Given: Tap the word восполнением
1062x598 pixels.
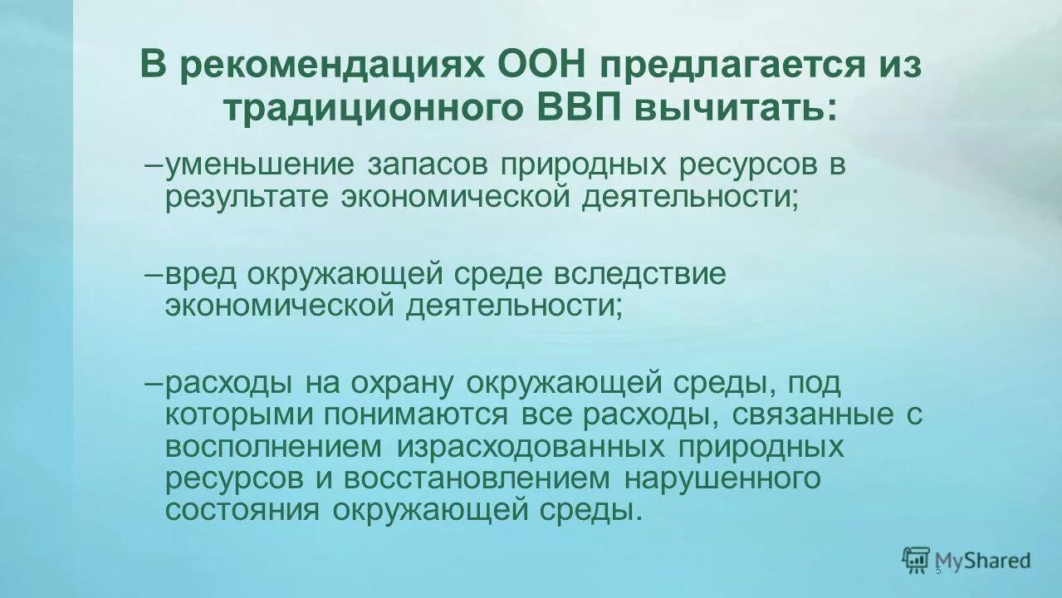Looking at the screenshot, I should [x=273, y=446].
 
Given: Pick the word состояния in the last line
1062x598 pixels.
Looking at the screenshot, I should [x=242, y=510].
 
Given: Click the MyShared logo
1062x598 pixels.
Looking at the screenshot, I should [x=967, y=561].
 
